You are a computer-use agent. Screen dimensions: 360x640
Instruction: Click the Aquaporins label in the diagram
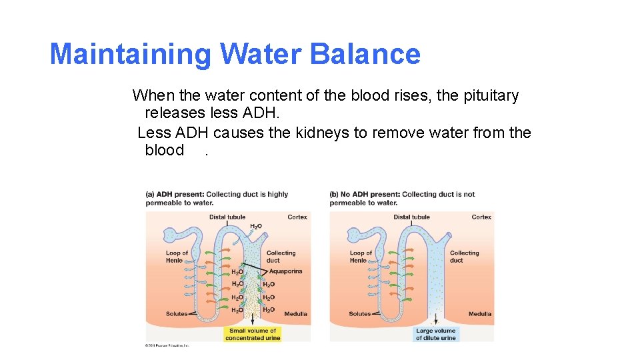tap(285, 271)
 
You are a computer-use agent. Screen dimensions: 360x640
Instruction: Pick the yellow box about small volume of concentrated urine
tap(253, 334)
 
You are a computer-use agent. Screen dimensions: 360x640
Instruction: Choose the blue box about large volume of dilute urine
tap(436, 334)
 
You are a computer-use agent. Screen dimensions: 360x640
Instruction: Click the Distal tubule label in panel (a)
tap(227, 217)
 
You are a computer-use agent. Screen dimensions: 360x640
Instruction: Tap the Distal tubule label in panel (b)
tap(411, 217)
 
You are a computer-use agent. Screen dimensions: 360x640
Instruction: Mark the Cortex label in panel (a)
tap(297, 217)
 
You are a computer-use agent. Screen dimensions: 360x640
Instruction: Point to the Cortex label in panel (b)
tap(481, 217)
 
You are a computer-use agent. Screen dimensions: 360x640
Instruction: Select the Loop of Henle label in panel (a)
tap(177, 257)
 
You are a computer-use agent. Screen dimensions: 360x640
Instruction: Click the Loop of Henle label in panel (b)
tap(361, 257)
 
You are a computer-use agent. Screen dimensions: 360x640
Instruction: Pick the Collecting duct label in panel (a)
tap(281, 257)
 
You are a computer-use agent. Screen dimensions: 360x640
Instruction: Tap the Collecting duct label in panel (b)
tap(464, 257)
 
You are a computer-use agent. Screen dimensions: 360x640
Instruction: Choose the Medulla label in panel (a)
tap(295, 314)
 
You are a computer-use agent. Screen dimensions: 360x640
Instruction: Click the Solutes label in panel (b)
tap(359, 314)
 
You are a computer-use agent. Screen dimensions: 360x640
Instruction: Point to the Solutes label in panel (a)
tap(176, 314)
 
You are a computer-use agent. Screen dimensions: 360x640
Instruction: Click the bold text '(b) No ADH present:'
tap(365, 195)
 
